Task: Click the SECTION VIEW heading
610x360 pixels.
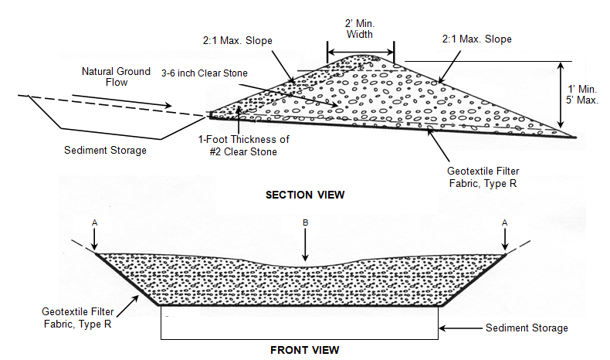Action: click(305, 195)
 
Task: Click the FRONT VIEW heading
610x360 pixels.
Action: click(304, 350)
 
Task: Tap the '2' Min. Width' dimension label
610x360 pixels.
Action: click(360, 29)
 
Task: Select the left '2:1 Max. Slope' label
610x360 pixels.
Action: click(237, 40)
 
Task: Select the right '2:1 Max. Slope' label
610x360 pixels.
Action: click(477, 39)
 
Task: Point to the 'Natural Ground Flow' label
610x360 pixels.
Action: click(116, 76)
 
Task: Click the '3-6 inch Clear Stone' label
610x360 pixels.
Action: click(205, 73)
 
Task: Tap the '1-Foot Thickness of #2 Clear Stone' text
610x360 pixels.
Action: click(243, 145)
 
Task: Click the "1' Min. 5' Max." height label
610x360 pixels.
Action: click(582, 94)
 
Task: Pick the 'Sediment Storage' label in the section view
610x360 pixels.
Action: click(105, 150)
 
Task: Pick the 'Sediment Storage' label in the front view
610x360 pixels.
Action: click(527, 328)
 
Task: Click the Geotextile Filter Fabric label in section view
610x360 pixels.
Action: click(483, 177)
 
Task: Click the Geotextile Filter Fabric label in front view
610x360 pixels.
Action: click(77, 318)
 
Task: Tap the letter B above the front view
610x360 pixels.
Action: click(306, 222)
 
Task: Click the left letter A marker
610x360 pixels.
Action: click(94, 222)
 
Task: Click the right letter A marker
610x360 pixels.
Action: click(504, 222)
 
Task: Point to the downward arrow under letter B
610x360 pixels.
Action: click(306, 244)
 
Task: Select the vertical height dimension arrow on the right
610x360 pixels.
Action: click(561, 95)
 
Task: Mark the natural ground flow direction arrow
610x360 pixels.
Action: click(122, 100)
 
